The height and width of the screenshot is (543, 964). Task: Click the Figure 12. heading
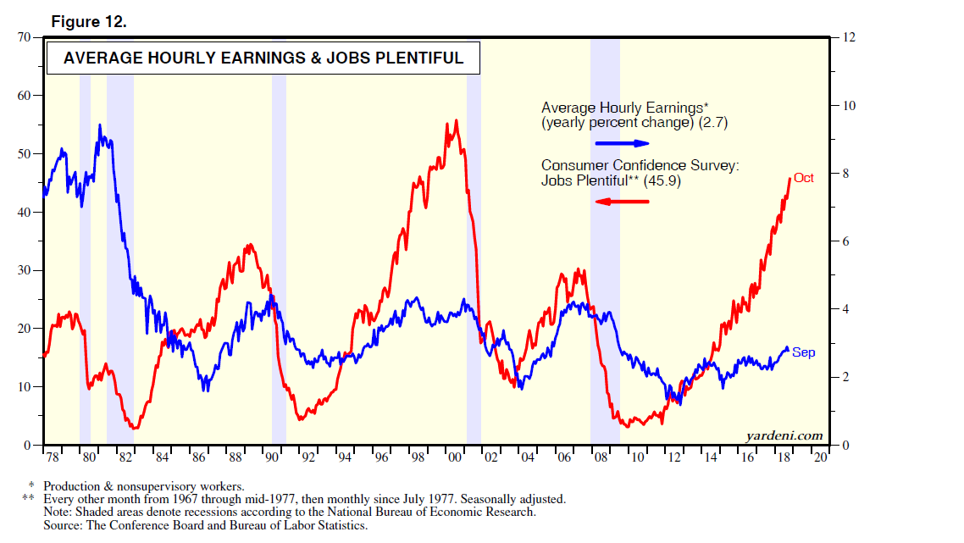(x=89, y=22)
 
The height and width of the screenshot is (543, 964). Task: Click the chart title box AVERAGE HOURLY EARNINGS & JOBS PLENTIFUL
(x=263, y=58)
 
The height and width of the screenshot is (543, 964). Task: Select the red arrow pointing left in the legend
(x=622, y=201)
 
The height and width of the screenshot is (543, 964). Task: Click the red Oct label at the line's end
(x=804, y=178)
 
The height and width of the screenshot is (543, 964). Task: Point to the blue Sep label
(x=804, y=352)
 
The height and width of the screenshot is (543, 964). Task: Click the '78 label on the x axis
(x=53, y=458)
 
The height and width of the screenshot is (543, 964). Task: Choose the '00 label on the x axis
(x=455, y=458)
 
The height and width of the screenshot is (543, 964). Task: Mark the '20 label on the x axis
(x=820, y=458)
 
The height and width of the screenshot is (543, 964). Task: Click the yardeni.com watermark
(x=784, y=435)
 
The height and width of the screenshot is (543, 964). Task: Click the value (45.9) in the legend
(x=663, y=181)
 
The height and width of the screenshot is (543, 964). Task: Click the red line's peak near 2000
(x=457, y=120)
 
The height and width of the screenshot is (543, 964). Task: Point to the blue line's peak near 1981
(x=100, y=125)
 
